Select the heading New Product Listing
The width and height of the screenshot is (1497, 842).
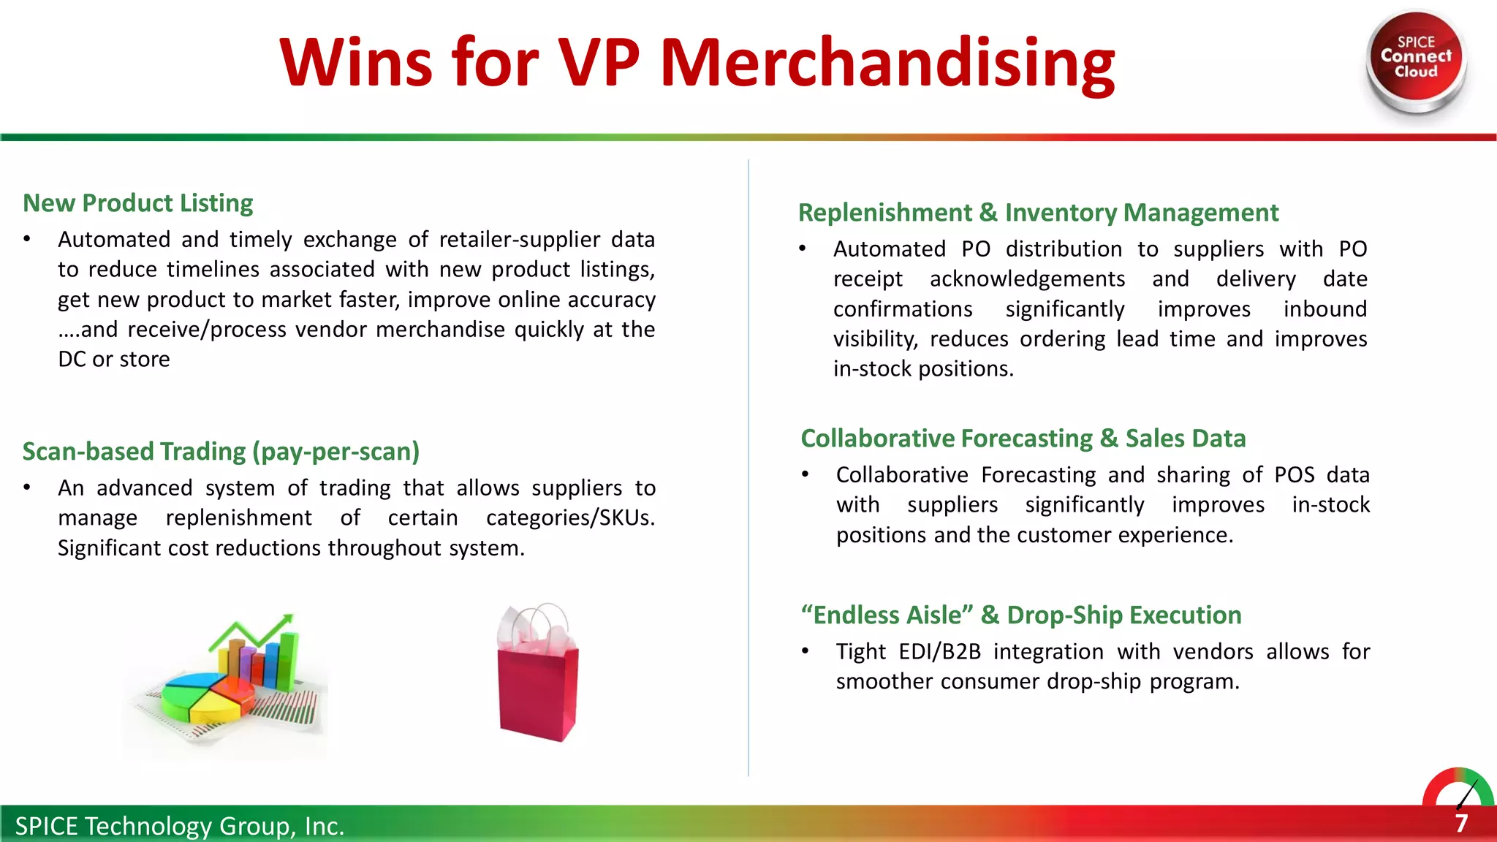tap(138, 202)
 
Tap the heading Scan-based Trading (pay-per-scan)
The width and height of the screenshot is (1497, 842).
tap(221, 451)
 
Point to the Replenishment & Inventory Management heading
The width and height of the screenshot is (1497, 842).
tap(1038, 212)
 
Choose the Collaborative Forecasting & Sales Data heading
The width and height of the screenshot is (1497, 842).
tap(1023, 438)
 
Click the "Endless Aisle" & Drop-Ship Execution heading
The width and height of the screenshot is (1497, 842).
tap(1020, 615)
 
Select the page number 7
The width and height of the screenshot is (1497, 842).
tap(1461, 824)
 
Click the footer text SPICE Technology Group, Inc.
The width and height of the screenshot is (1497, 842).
tap(179, 826)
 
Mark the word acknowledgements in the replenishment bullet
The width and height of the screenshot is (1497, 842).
tap(1027, 278)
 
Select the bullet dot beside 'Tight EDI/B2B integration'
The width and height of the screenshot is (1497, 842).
tap(805, 651)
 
